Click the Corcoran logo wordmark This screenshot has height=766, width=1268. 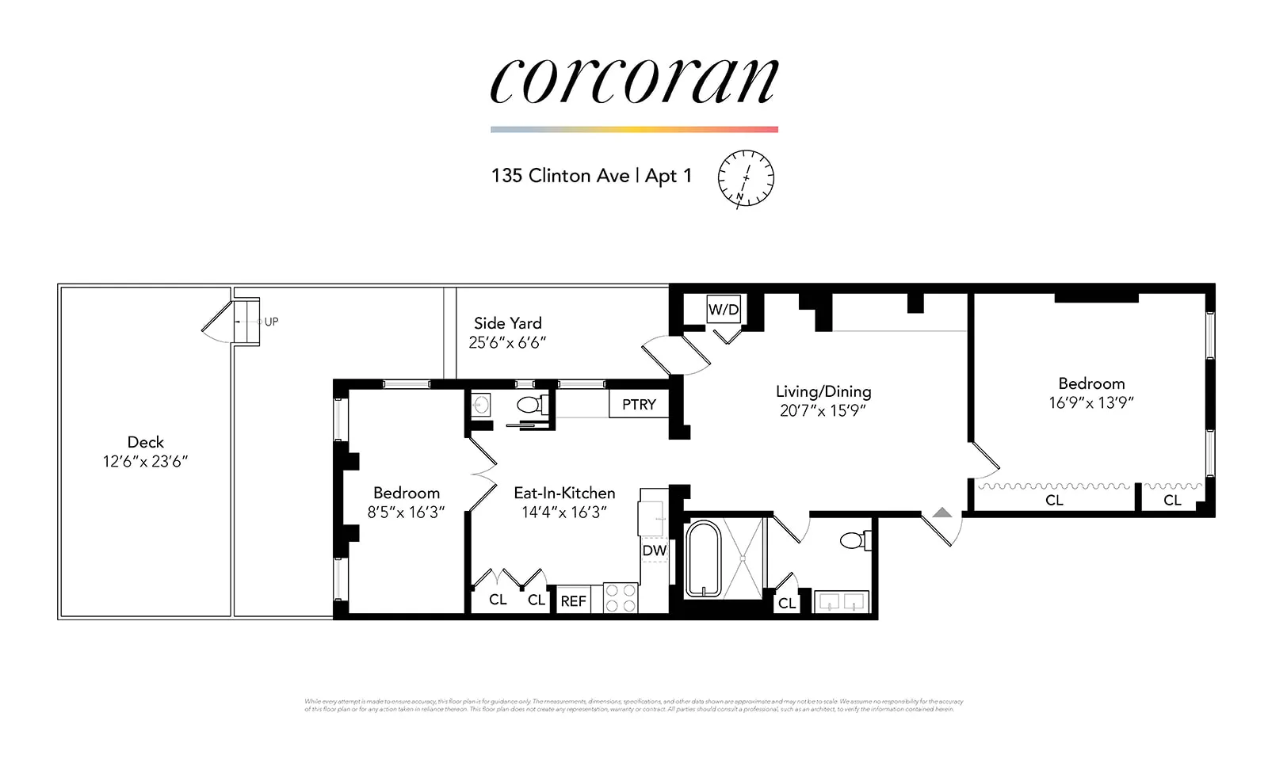(x=634, y=81)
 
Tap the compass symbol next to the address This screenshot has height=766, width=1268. (x=745, y=178)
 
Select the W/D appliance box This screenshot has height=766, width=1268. (x=723, y=310)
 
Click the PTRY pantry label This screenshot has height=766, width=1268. (x=639, y=405)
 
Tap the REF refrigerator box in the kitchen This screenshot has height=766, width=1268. (x=573, y=601)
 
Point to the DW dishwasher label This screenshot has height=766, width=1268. (x=655, y=551)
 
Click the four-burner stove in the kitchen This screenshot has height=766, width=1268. (x=621, y=598)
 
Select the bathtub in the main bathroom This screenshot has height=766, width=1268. (x=702, y=558)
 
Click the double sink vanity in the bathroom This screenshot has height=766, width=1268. (x=841, y=602)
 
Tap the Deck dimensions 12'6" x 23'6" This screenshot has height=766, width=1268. (x=145, y=462)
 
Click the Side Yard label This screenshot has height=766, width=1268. (x=508, y=323)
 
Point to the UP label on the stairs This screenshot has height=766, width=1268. (x=272, y=322)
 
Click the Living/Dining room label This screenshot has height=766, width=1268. (x=823, y=391)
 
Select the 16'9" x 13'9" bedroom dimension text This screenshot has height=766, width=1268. (x=1091, y=403)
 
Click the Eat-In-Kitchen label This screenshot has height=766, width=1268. (x=564, y=493)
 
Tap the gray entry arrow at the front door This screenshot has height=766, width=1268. (x=941, y=513)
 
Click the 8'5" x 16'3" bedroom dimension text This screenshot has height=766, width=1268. (x=406, y=513)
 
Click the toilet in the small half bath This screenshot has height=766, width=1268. (x=529, y=406)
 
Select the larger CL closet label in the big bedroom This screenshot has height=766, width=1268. (x=1054, y=501)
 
